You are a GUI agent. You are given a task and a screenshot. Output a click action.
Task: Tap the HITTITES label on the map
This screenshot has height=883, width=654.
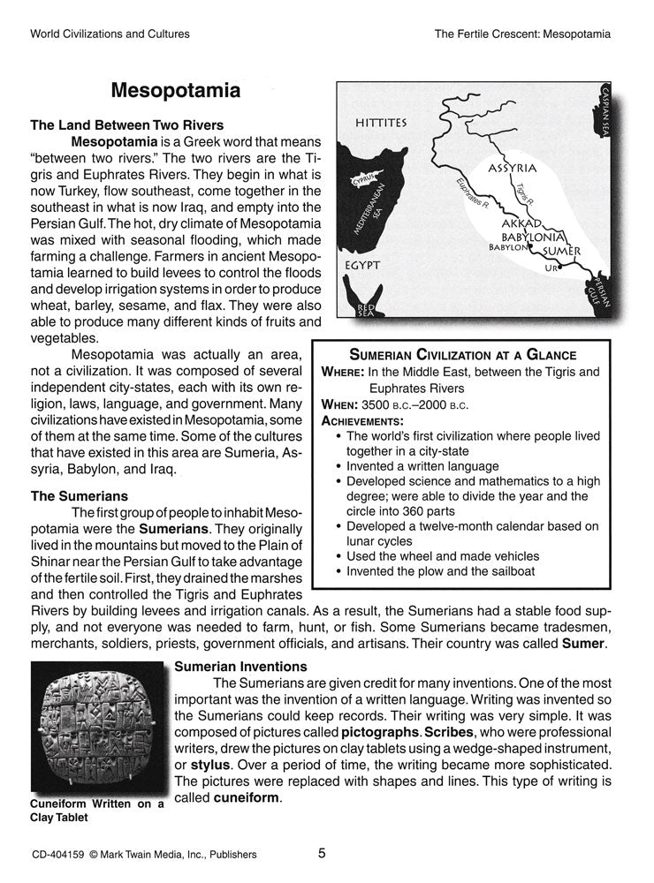(381, 123)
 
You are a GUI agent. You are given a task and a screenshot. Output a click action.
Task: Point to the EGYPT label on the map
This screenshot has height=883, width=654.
(362, 264)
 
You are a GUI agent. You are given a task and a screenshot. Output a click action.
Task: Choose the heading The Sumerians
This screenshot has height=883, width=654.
(80, 496)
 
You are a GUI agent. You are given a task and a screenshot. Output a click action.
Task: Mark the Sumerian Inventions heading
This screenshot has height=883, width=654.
(241, 666)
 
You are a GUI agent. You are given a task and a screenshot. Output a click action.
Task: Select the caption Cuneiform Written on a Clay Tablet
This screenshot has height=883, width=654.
(96, 811)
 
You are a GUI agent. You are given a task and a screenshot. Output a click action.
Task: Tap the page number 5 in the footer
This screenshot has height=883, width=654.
(323, 853)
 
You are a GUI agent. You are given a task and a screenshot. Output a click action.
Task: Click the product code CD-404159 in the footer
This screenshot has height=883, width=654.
(59, 854)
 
